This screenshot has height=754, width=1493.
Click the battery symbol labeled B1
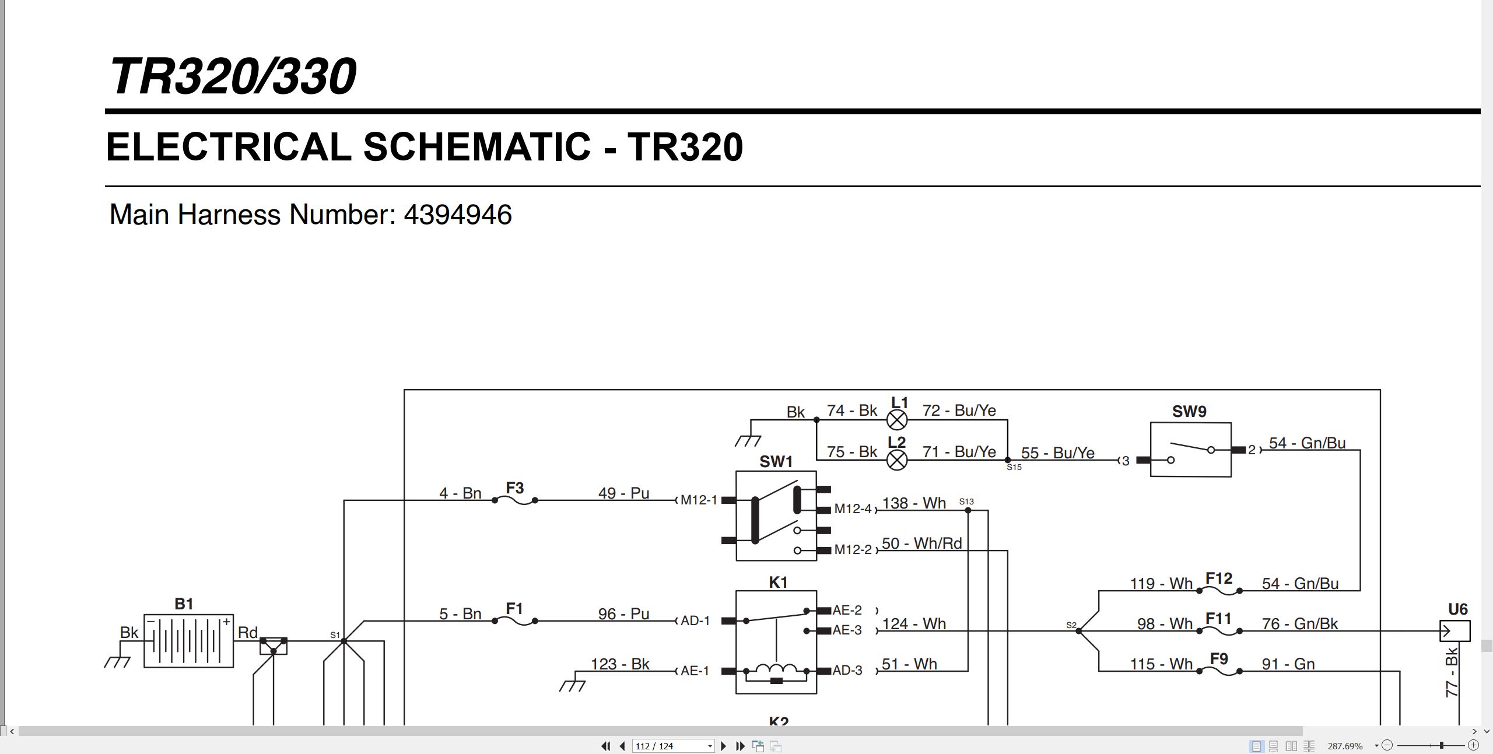click(x=188, y=641)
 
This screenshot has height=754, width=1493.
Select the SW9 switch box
click(x=1190, y=450)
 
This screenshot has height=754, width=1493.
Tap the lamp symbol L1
click(x=897, y=420)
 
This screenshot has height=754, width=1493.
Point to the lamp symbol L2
click(x=897, y=460)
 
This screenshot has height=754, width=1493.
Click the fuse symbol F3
click(x=515, y=500)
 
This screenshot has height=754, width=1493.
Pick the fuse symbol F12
click(x=1219, y=591)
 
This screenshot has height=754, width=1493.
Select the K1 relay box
click(x=776, y=642)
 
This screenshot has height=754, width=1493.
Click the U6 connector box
click(x=1455, y=631)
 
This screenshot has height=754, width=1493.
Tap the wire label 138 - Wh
click(x=914, y=503)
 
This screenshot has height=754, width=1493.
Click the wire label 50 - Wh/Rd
click(x=921, y=543)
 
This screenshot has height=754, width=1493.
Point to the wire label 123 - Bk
click(x=620, y=664)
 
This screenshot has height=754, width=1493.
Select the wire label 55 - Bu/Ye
click(x=1057, y=453)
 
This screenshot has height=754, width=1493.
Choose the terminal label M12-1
click(x=699, y=500)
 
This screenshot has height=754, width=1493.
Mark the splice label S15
click(x=1014, y=467)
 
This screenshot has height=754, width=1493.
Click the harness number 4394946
click(x=458, y=215)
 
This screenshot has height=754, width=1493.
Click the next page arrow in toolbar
click(x=724, y=746)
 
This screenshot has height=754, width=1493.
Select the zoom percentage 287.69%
click(x=1345, y=746)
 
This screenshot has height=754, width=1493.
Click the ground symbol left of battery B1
click(x=118, y=661)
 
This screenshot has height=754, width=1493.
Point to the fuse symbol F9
click(x=1219, y=671)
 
